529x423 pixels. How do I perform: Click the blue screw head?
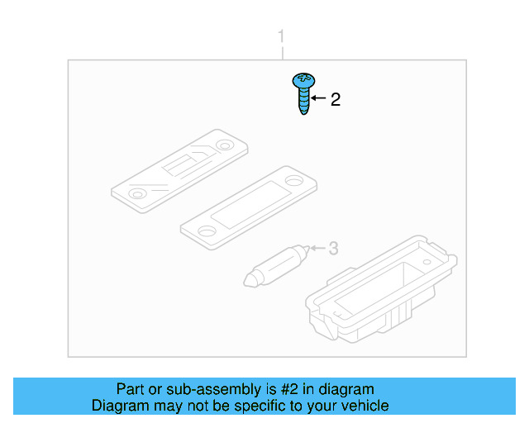click(x=303, y=80)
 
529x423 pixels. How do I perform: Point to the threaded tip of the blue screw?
click(x=304, y=112)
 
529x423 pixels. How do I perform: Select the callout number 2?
click(x=335, y=100)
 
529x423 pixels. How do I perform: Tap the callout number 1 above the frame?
click(x=281, y=37)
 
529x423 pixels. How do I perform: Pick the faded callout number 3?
click(x=334, y=248)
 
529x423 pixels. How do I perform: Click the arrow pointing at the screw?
click(x=318, y=99)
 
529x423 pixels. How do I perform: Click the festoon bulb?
click(x=276, y=264)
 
